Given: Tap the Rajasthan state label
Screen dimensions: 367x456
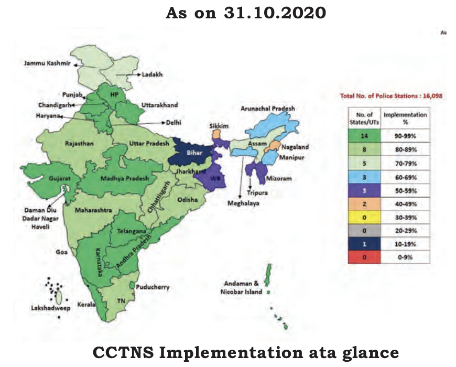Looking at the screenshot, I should point(80,143).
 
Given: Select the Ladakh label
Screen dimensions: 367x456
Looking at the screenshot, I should point(153,75).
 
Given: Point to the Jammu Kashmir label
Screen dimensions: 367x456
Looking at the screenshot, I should point(48,63).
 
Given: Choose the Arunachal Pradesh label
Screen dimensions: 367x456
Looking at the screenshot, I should point(268,109).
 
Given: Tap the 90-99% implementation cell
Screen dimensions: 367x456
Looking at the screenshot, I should point(406,135).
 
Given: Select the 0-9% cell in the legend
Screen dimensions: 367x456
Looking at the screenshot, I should point(406,258).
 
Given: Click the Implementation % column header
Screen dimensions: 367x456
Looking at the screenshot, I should point(406,118).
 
